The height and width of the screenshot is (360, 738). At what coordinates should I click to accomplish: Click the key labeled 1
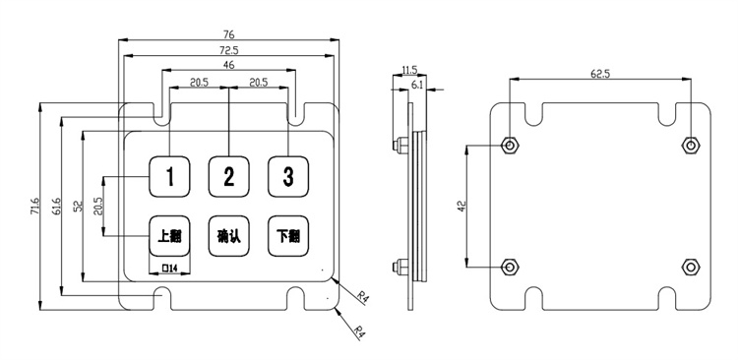pos(170,176)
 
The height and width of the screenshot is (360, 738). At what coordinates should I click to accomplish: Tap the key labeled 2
pos(228,176)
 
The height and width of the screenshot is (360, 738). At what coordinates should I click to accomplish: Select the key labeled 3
pos(288,176)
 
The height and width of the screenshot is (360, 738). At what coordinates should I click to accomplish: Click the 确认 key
pos(228,236)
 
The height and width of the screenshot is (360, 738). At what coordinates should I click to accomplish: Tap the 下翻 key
pos(288,236)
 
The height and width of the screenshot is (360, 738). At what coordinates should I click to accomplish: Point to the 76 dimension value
pos(228,34)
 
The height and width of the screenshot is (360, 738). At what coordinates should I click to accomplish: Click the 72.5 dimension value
pos(228,49)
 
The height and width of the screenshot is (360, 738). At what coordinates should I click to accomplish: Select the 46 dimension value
pos(228,65)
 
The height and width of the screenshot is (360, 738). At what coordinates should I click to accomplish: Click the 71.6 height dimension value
pos(36,207)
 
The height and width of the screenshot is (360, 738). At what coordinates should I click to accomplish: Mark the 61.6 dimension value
pos(57,207)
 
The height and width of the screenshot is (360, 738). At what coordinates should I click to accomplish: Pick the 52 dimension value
pos(78,207)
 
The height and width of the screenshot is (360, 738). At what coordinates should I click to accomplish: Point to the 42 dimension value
pos(461,207)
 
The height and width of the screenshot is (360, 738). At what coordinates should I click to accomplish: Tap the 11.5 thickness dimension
pos(409,70)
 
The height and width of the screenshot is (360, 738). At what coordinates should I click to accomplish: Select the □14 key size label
pos(169,269)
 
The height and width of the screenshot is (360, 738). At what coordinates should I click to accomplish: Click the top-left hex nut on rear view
pos(510,146)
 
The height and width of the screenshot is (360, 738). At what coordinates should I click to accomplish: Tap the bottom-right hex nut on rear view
pos(691,267)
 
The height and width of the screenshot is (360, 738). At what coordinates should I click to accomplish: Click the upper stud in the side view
pos(400,146)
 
